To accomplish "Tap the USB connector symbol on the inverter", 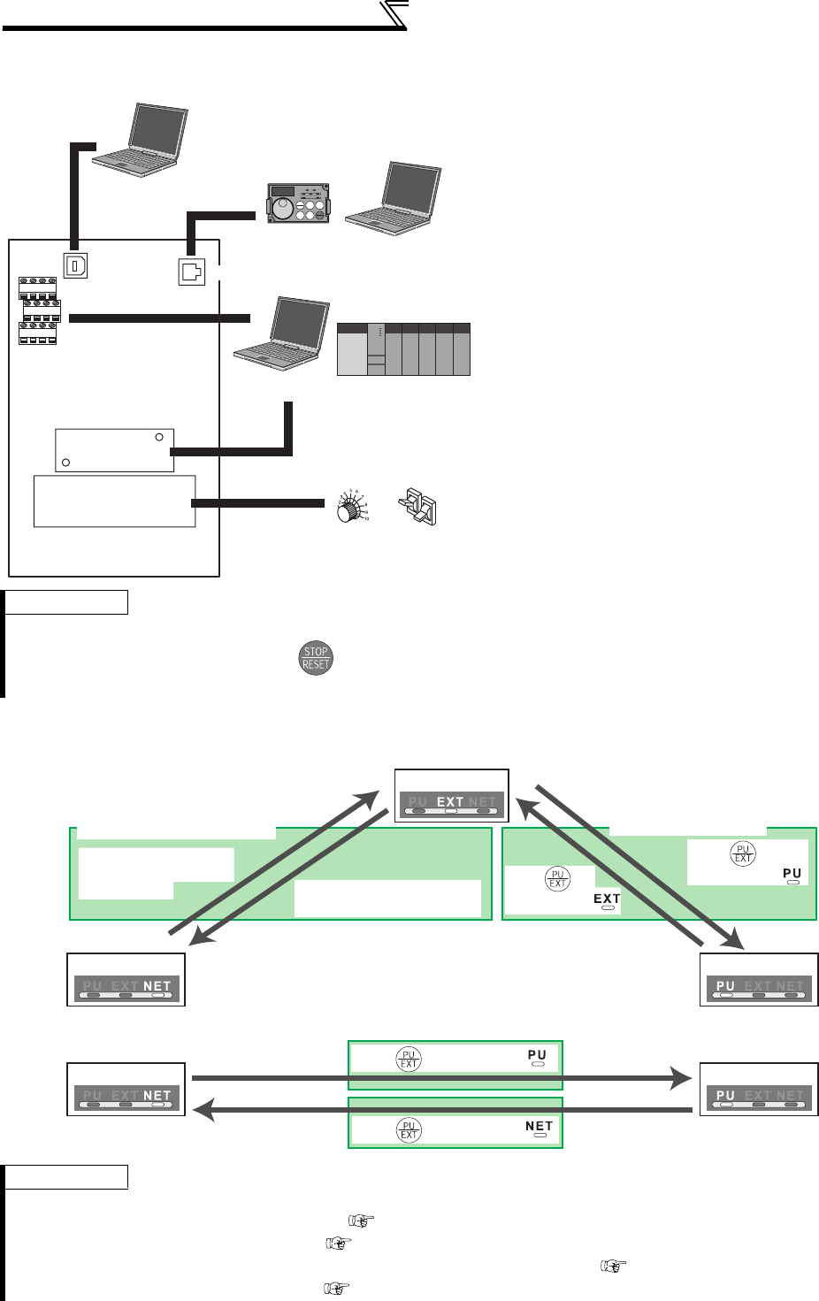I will point(75,265).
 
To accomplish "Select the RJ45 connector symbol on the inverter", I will point(191,272).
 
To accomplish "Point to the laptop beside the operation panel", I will point(393,199).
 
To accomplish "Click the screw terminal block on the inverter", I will point(39,310).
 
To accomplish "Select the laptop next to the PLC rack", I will point(281,333).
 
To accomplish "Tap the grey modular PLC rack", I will point(403,349).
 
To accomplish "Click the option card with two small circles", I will point(114,450).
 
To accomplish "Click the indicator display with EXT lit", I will point(451,795).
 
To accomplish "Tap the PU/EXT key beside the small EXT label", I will point(557,879).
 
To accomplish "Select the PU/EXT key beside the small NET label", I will point(409,1130).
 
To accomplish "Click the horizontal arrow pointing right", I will point(442,1077).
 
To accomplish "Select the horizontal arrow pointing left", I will point(442,1109).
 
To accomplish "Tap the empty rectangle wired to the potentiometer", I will point(114,501).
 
